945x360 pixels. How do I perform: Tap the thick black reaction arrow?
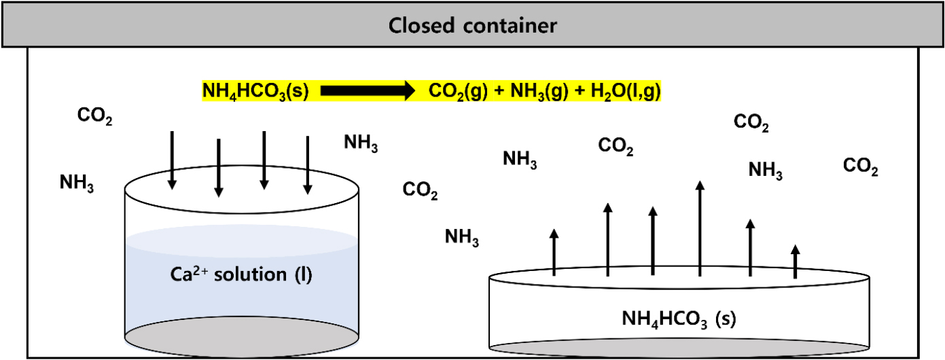tap(367, 91)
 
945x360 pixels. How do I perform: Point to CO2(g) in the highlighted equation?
tap(458, 91)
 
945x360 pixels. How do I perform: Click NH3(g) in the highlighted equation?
tap(536, 91)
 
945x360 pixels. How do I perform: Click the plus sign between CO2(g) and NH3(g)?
tap(497, 91)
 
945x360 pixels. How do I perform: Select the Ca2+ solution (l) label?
tap(241, 275)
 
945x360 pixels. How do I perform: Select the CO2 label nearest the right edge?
tap(860, 166)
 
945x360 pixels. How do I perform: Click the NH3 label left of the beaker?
tap(77, 183)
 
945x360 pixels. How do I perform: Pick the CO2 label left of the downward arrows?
tap(94, 117)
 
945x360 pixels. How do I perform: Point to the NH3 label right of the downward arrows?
tap(361, 143)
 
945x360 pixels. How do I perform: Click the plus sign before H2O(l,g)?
tap(574, 91)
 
